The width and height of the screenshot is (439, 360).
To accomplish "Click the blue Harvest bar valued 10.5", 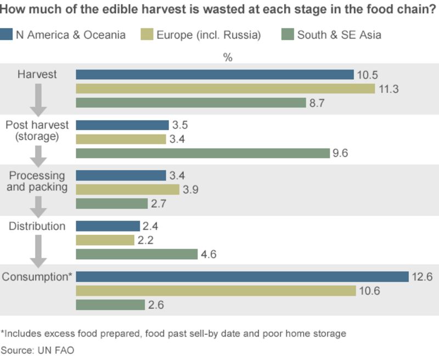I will tap(214, 75).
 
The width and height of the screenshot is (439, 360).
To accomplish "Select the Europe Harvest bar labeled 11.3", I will tap(225, 89).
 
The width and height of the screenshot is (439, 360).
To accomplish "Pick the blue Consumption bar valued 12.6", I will tap(242, 277).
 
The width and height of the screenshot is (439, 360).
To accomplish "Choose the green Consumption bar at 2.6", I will tap(110, 305).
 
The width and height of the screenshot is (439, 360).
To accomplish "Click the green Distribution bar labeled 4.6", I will tap(136, 254).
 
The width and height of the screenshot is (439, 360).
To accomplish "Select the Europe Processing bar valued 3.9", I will tap(127, 189).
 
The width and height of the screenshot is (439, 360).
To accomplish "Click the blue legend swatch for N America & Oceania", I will tap(6, 35).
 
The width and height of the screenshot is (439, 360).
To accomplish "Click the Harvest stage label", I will tap(37, 74).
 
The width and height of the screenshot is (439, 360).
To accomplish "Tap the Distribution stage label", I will tap(37, 226).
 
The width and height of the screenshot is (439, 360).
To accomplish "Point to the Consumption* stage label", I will tap(37, 277).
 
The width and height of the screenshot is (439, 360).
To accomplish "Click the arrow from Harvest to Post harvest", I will tap(37, 99).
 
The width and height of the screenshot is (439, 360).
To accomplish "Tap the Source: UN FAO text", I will tap(37, 350).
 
